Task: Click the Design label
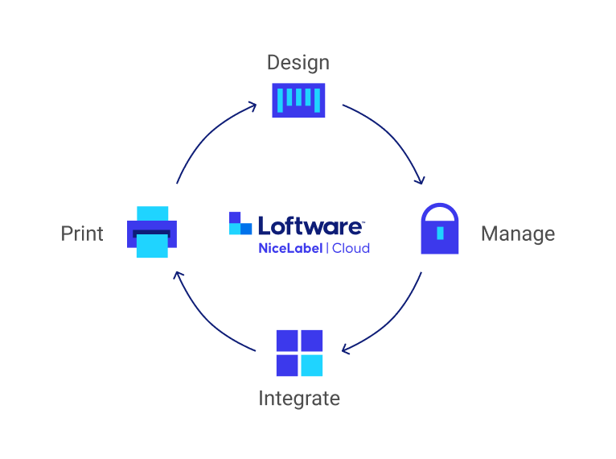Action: (x=298, y=63)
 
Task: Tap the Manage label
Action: (x=517, y=234)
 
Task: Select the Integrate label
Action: (x=298, y=398)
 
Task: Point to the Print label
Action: (x=82, y=234)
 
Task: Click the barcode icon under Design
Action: (x=298, y=100)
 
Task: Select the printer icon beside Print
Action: (x=152, y=233)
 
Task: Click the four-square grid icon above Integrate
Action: (x=299, y=353)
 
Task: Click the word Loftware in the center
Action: (x=310, y=225)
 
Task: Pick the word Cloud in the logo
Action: (x=351, y=248)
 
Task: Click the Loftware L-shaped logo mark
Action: (x=240, y=224)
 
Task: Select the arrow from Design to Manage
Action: (x=392, y=137)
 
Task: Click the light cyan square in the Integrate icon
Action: (x=311, y=366)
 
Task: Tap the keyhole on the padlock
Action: (x=440, y=234)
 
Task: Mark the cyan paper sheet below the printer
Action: (x=152, y=246)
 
